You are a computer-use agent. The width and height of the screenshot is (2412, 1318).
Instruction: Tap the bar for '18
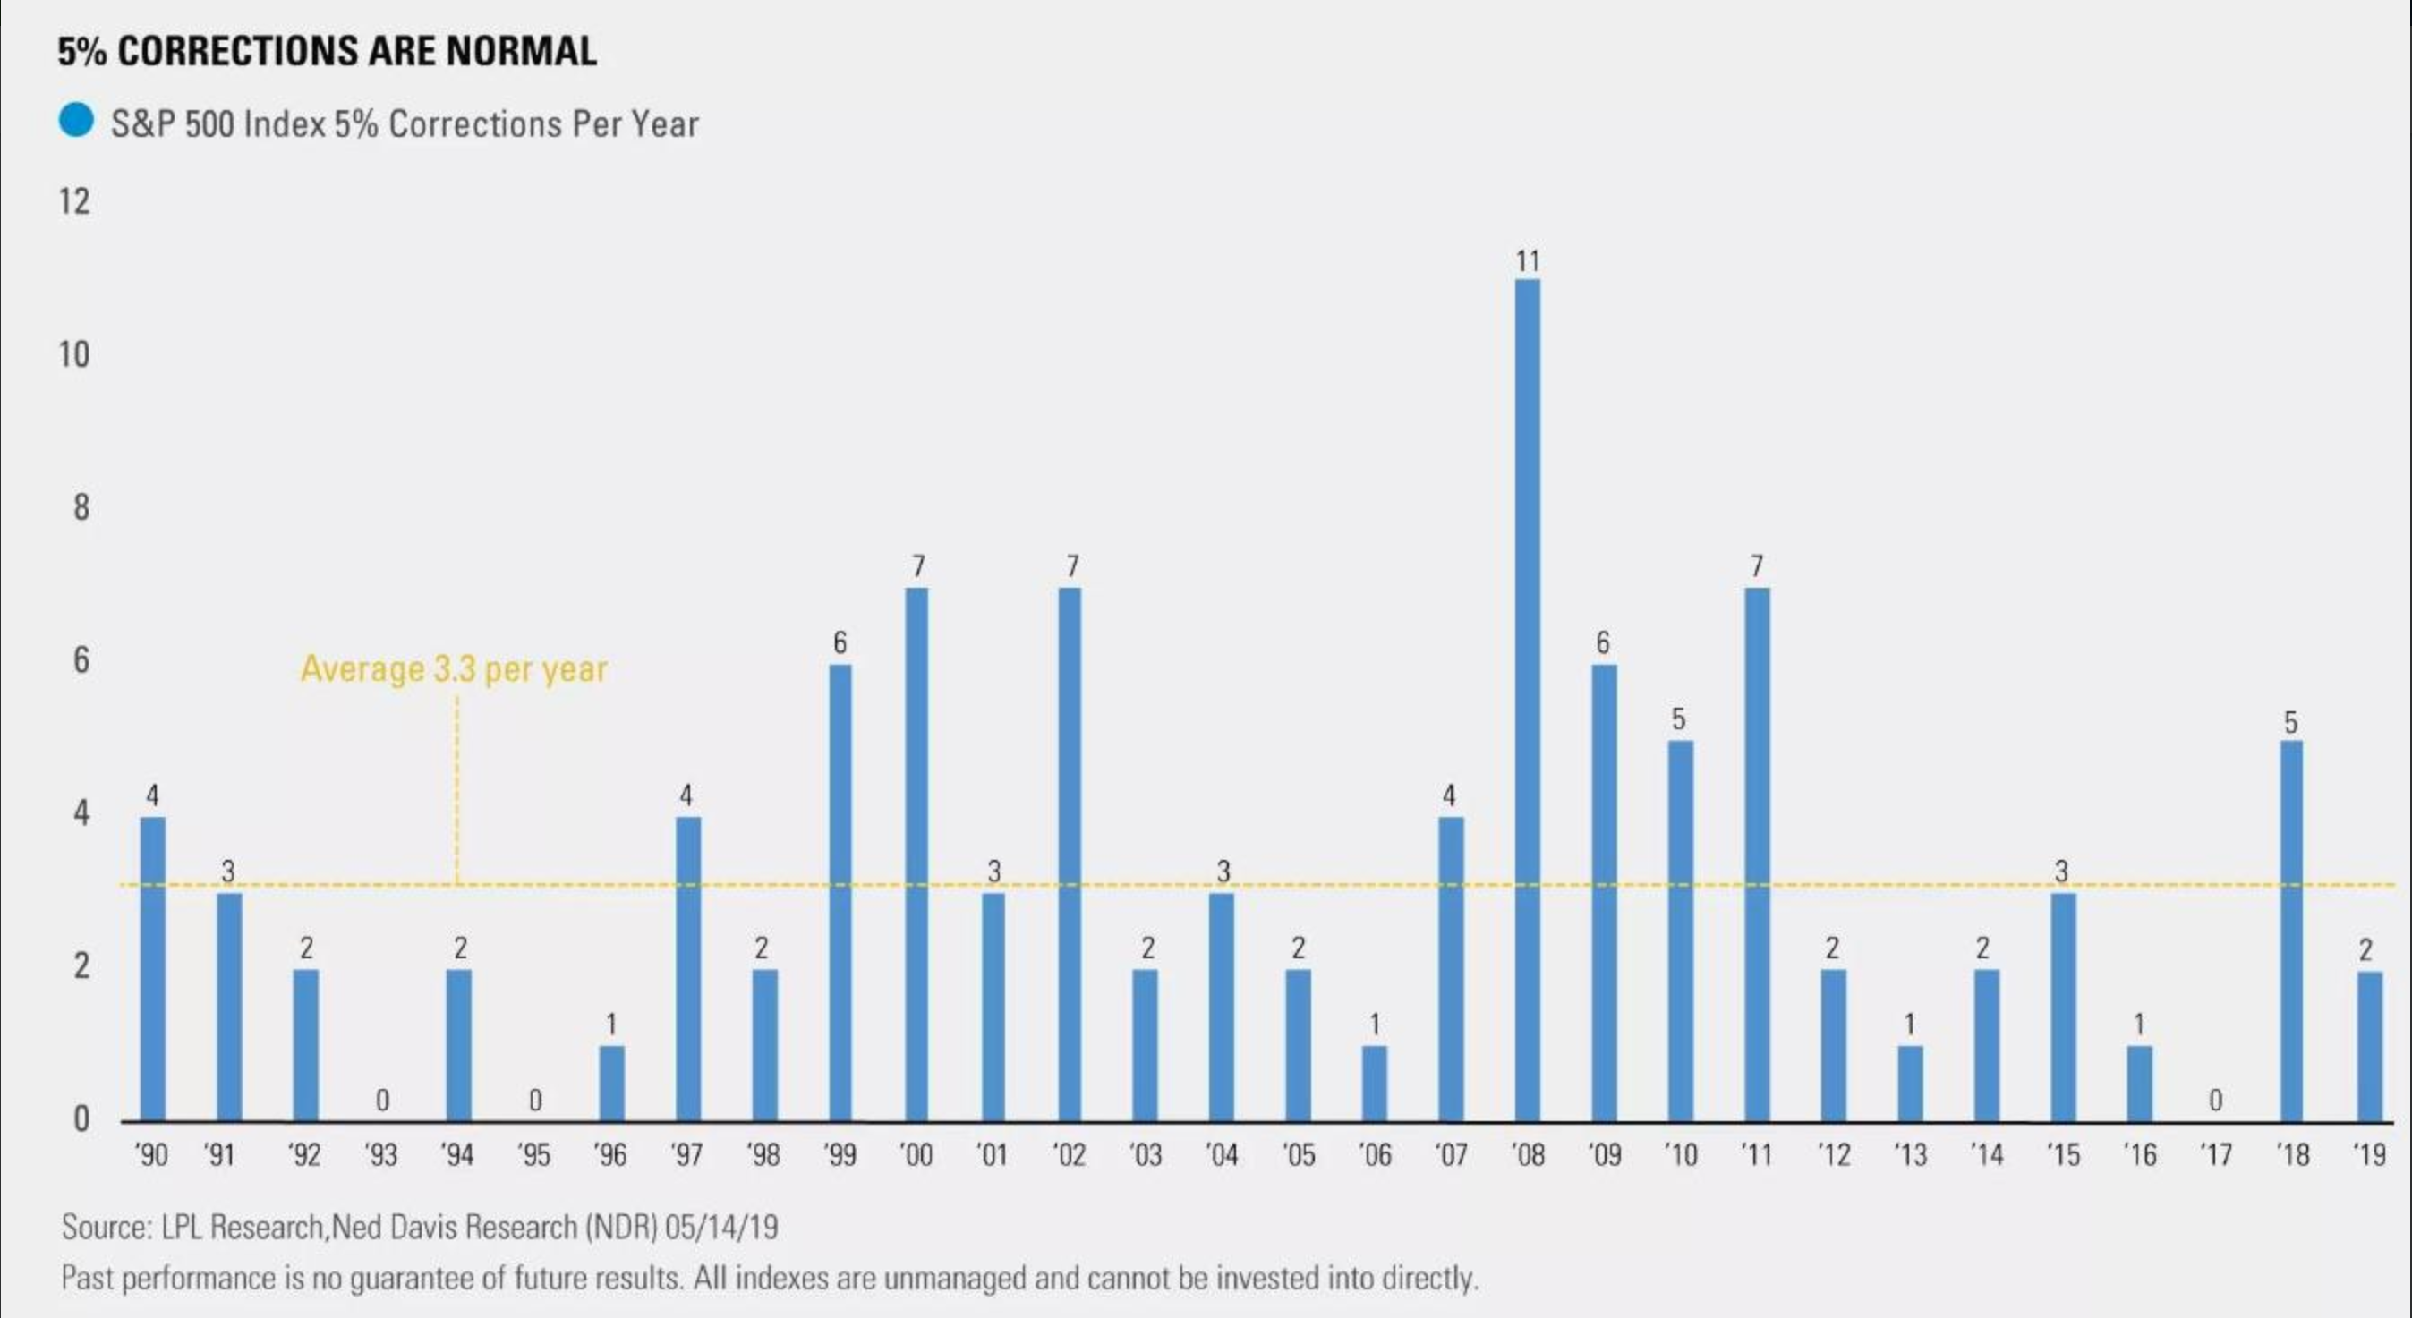pyautogui.click(x=2290, y=931)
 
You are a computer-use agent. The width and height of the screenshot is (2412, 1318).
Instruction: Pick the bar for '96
pyautogui.click(x=611, y=1083)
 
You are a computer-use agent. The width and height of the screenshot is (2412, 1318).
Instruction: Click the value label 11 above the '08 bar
pyautogui.click(x=1527, y=262)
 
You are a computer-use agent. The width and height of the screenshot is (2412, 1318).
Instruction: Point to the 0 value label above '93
pyautogui.click(x=382, y=1101)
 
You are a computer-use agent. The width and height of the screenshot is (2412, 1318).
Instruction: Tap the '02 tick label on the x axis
pyautogui.click(x=1069, y=1156)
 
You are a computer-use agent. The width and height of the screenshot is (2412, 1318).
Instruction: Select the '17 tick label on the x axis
pyautogui.click(x=2214, y=1156)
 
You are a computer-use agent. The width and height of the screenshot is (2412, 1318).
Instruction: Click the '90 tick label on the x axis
pyautogui.click(x=150, y=1156)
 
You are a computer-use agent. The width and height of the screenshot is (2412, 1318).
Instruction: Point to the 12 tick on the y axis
pyautogui.click(x=75, y=202)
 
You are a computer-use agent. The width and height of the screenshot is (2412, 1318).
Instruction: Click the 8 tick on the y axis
pyautogui.click(x=81, y=507)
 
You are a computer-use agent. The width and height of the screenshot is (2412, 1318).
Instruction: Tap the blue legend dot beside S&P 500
pyautogui.click(x=76, y=121)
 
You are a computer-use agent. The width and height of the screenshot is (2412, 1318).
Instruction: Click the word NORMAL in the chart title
pyautogui.click(x=522, y=50)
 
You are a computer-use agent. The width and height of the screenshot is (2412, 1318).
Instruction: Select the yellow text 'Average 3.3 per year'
pyautogui.click(x=454, y=669)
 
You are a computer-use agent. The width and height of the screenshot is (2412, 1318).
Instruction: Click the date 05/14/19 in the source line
pyautogui.click(x=721, y=1228)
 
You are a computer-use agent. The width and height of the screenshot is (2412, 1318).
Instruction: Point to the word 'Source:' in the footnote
pyautogui.click(x=106, y=1228)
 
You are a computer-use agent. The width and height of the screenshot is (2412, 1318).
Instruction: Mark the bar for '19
pyautogui.click(x=2369, y=1046)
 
